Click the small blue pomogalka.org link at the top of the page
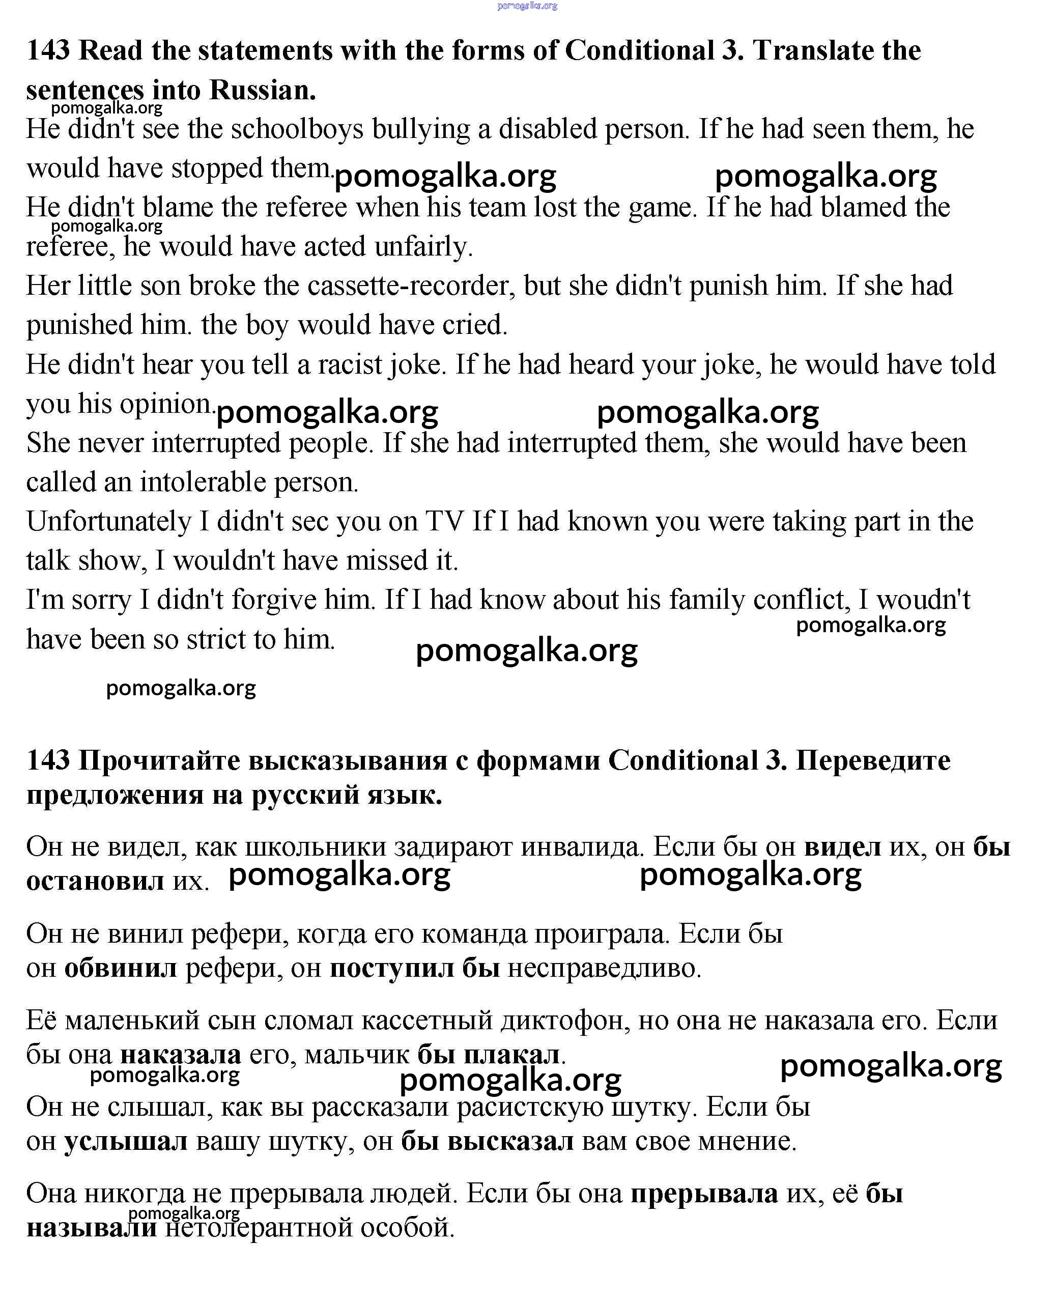pyautogui.click(x=526, y=6)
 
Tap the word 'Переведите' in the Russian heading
pyautogui.click(x=872, y=760)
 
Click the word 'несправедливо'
pyautogui.click(x=604, y=968)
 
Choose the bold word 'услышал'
pyautogui.click(x=126, y=1142)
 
